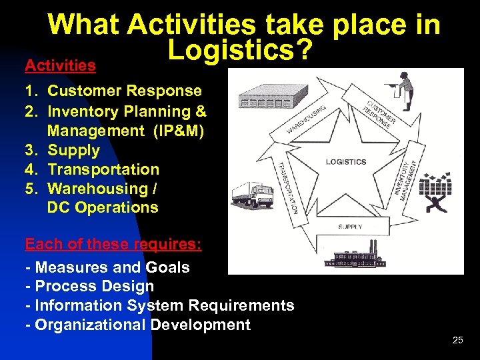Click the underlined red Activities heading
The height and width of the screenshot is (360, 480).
tap(60, 65)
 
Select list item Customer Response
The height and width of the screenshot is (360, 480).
tap(125, 91)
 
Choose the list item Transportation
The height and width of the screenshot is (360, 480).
tap(103, 169)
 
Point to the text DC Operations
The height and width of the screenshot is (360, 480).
tap(103, 207)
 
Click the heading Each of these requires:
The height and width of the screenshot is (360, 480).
tap(113, 244)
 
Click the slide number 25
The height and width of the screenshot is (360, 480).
tap(457, 340)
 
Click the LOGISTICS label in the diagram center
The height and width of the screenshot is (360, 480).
tap(346, 162)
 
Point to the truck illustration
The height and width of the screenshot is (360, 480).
tap(253, 195)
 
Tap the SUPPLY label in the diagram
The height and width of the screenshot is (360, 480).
tap(350, 227)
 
